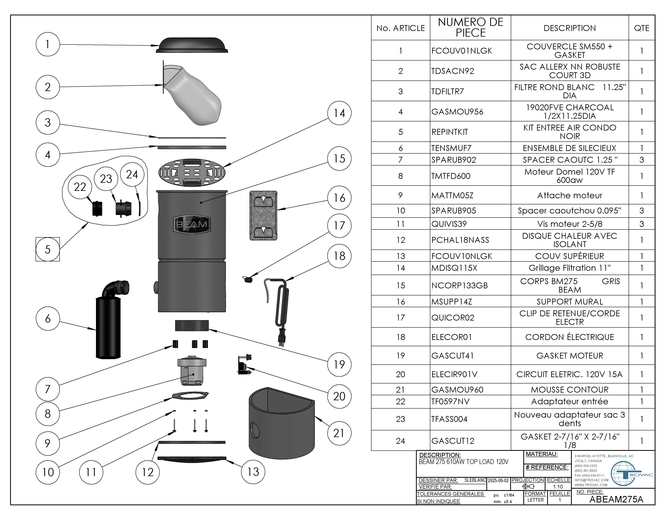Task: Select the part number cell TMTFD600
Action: click(451, 176)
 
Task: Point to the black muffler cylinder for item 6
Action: click(108, 327)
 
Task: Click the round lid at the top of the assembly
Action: click(192, 45)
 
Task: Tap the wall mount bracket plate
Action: click(263, 216)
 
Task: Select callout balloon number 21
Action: click(339, 433)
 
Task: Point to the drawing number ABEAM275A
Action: click(616, 499)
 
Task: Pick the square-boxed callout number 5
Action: click(48, 250)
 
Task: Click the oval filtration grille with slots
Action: click(192, 172)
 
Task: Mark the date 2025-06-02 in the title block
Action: click(498, 480)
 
